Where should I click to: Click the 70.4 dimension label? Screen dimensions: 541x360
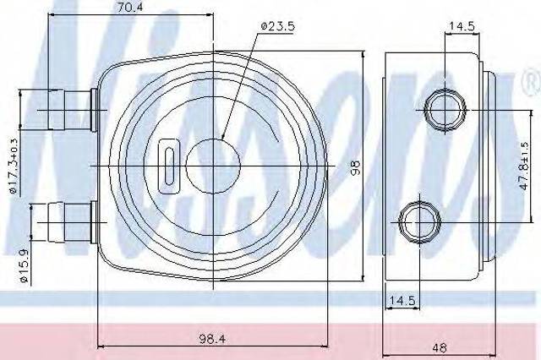click(129, 8)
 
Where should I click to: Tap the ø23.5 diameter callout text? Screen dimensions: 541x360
click(278, 26)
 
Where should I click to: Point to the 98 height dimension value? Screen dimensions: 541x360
click(355, 166)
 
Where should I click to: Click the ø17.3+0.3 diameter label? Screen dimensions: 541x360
click(14, 166)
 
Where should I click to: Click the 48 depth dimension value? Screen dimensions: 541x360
click(439, 347)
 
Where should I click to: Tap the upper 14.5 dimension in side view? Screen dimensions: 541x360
click(462, 25)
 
